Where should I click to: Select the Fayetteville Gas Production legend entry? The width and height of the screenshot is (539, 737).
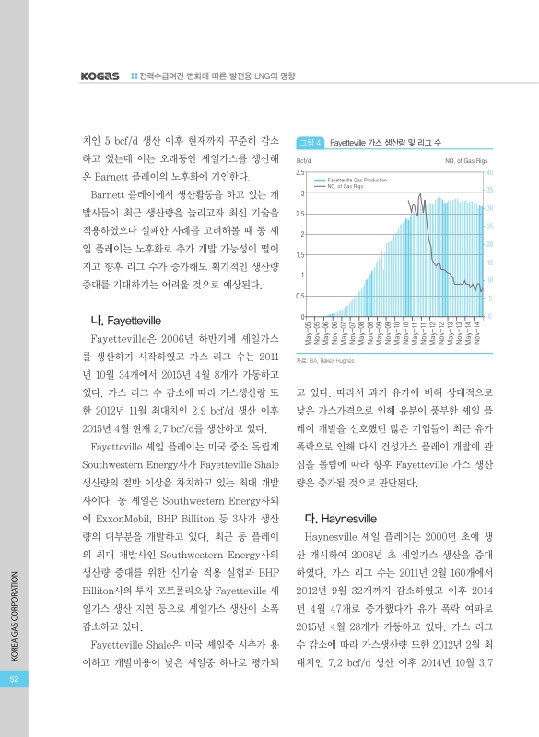(x=357, y=181)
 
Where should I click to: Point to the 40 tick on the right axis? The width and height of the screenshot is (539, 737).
(x=489, y=172)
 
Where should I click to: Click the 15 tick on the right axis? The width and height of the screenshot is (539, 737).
(x=489, y=263)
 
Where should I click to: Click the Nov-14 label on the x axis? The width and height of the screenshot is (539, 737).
(x=478, y=330)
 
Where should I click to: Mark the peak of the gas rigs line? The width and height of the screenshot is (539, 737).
(x=421, y=194)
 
